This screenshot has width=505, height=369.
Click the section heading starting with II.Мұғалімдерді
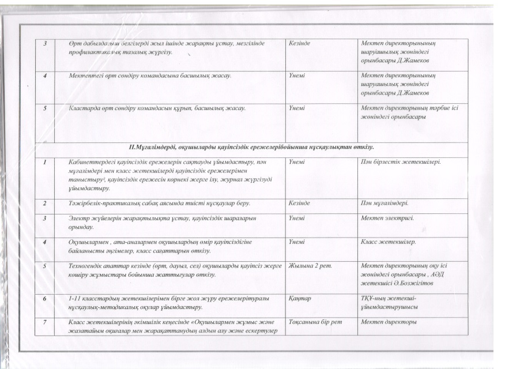252,148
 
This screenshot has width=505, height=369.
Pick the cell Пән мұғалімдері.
385,204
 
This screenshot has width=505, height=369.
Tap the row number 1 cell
44,163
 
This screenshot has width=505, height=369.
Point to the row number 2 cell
44,204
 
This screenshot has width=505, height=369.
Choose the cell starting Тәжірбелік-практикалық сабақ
159,204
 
